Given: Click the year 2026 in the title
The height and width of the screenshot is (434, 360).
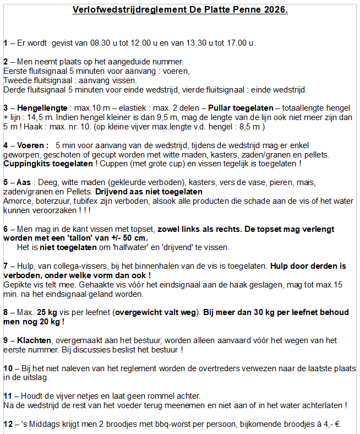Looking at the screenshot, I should click(x=275, y=10).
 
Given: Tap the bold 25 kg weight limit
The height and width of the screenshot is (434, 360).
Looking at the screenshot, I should click(x=48, y=313).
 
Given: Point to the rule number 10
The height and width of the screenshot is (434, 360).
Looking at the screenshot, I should click(x=8, y=368).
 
